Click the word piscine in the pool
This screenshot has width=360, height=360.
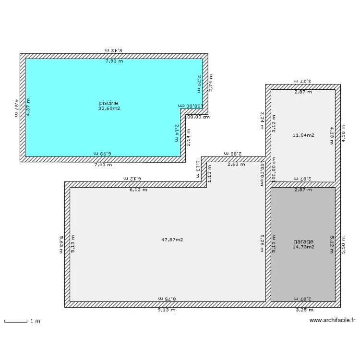tap(108, 103)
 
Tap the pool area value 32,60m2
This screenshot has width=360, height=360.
tap(109, 108)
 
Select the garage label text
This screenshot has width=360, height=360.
tap(303, 241)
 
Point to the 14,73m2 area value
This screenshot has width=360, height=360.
tap(303, 247)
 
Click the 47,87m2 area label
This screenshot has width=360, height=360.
tap(173, 240)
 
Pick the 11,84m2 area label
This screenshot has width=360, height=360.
tap(303, 135)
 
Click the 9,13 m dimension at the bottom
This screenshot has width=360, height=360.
tap(167, 310)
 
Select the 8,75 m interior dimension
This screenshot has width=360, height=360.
tap(167, 299)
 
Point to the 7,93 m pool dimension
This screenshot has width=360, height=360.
tap(114, 61)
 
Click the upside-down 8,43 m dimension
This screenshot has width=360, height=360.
tap(114, 50)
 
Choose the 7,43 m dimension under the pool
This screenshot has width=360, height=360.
tap(103, 165)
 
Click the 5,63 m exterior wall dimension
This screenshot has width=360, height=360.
tap(61, 244)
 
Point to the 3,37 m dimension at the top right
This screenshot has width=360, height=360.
tap(303, 82)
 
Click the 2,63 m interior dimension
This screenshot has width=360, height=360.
tap(236, 164)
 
